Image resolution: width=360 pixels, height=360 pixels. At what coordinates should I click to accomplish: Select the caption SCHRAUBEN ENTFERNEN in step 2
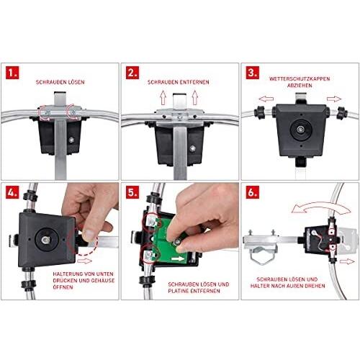click(x=179, y=83)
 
